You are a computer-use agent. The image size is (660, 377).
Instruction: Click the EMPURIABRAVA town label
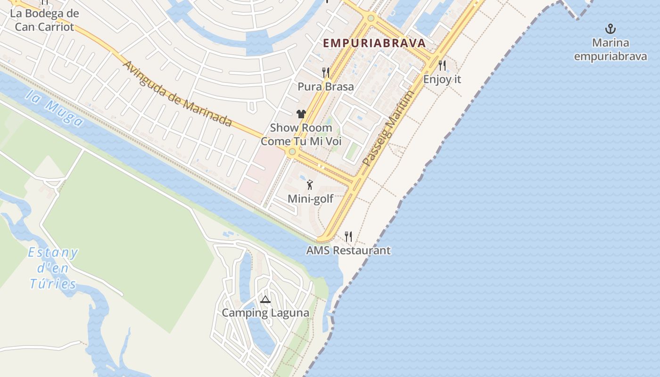(x=375, y=43)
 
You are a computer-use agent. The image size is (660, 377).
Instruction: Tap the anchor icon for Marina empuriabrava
(x=610, y=29)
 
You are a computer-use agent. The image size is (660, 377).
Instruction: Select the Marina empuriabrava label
(x=610, y=49)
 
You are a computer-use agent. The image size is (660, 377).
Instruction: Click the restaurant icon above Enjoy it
(x=442, y=65)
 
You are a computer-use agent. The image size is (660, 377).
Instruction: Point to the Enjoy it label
(x=442, y=79)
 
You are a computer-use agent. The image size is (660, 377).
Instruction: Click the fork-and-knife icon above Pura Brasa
(x=326, y=73)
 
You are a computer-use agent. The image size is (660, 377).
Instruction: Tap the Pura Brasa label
(x=326, y=87)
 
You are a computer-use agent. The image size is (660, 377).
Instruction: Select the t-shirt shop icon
(x=301, y=114)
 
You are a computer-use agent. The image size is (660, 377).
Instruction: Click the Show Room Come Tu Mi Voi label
(x=301, y=134)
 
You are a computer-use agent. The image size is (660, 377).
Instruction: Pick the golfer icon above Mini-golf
(x=310, y=185)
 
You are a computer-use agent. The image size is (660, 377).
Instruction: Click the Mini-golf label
(x=311, y=199)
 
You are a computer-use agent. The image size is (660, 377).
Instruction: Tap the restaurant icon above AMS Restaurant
(x=348, y=236)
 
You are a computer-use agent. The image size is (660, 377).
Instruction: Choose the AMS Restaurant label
(x=348, y=250)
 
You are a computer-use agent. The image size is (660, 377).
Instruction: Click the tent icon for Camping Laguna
(x=265, y=299)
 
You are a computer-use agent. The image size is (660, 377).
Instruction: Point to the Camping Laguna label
(x=265, y=313)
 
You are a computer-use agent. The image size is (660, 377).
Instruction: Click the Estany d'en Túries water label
(x=53, y=268)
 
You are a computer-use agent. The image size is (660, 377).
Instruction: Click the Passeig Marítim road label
(x=389, y=128)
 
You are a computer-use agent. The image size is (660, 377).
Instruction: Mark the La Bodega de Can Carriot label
(x=44, y=20)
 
